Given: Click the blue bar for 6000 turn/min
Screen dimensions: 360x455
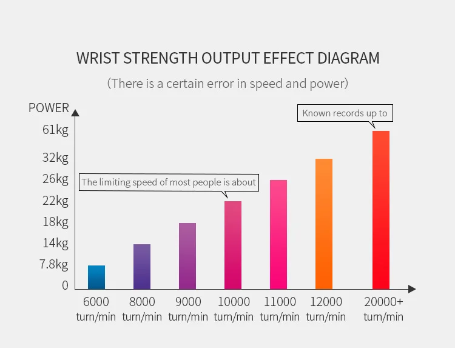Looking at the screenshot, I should tap(96, 277).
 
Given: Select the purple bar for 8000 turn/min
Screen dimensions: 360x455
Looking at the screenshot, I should tap(142, 267).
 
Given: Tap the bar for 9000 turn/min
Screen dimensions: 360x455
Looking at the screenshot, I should tap(187, 256).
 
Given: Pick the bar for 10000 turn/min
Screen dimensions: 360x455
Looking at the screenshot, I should tap(233, 245).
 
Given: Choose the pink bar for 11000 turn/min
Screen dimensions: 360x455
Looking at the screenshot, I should tap(278, 235).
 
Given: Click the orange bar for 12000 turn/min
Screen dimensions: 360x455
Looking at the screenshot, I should tap(324, 224).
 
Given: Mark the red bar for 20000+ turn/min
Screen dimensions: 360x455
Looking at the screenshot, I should tap(381, 210).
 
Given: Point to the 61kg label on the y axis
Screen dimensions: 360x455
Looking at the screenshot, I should tap(55, 130).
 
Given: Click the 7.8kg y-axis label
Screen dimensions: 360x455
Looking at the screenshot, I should tap(54, 264).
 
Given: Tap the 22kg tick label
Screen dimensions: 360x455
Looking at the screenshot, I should tap(55, 201).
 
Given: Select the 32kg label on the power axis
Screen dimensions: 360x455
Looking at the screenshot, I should tap(55, 158).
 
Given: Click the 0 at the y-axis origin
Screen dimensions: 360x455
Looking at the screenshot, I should tap(65, 285).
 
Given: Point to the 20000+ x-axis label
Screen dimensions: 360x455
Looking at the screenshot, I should tap(383, 302).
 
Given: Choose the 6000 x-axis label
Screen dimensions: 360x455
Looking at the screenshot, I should tap(96, 302).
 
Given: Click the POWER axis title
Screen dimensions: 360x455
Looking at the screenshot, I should tap(49, 108).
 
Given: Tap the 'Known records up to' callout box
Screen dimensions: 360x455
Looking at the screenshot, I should tap(345, 113).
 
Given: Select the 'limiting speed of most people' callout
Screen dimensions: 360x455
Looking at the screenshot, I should tap(169, 182).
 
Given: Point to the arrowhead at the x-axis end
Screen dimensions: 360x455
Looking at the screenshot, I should tap(412, 289).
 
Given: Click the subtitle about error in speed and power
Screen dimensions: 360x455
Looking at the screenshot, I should tap(227, 83).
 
